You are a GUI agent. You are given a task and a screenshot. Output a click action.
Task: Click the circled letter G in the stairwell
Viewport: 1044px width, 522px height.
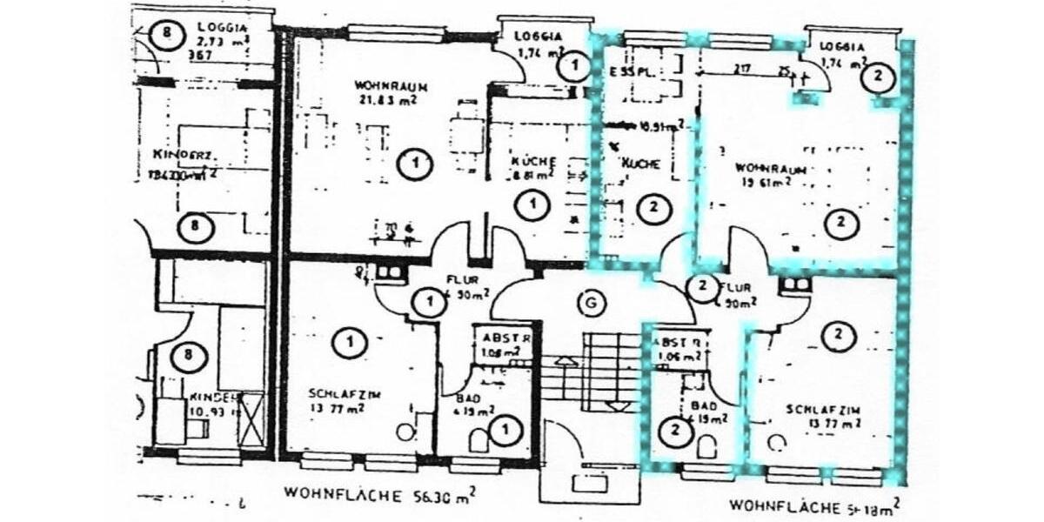coord(592,304)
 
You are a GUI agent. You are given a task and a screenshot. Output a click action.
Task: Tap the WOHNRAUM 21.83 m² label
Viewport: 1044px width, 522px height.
coord(384,93)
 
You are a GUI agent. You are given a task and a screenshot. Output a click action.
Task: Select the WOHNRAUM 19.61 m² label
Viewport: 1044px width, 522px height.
coord(762,174)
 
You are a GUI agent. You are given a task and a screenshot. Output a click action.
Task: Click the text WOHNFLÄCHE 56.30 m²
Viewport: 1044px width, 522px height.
coord(379,493)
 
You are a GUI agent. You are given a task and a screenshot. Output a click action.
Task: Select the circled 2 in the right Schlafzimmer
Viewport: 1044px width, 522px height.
coord(839,335)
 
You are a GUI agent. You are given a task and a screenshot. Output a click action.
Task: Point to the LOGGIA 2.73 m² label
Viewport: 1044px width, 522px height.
coord(217,35)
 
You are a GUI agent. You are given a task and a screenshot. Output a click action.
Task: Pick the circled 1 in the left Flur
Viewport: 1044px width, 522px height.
coord(428,303)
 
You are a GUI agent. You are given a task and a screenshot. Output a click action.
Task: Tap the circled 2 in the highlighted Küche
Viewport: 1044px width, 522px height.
coord(652,207)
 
